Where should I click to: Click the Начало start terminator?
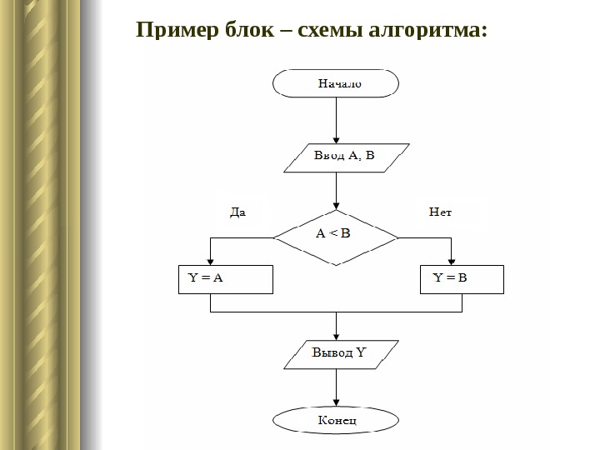[336, 83]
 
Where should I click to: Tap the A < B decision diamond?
[336, 234]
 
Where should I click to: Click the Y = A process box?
[226, 280]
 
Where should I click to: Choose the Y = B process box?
[462, 280]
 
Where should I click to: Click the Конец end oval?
[336, 419]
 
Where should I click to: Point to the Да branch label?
[237, 212]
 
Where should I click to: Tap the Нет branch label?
[440, 212]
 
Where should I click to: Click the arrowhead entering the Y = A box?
[210, 261]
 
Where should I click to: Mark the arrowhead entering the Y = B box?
[451, 261]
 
